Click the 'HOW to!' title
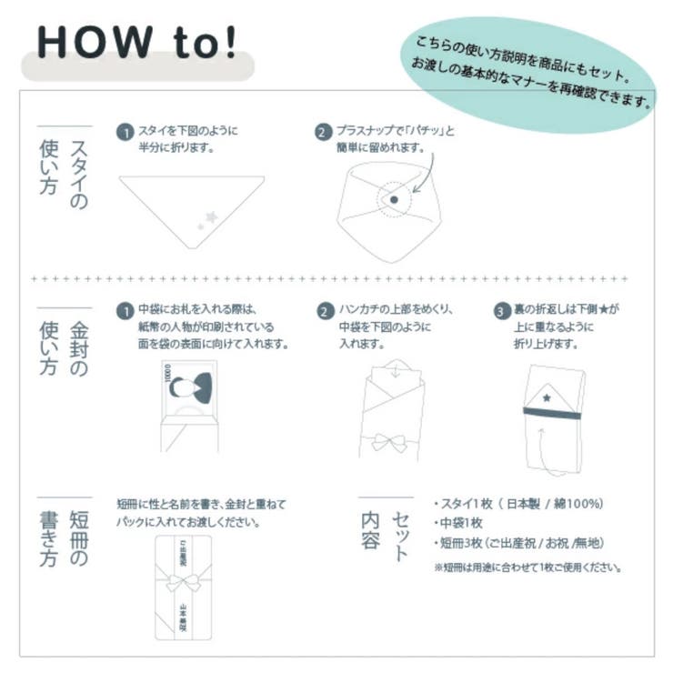coord(136,42)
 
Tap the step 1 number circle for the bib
coord(126,132)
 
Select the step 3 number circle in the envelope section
coord(501,310)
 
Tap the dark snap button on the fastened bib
coord(393,198)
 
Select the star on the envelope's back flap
coord(547,397)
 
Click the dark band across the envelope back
coord(552,413)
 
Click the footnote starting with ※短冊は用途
coord(527,567)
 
